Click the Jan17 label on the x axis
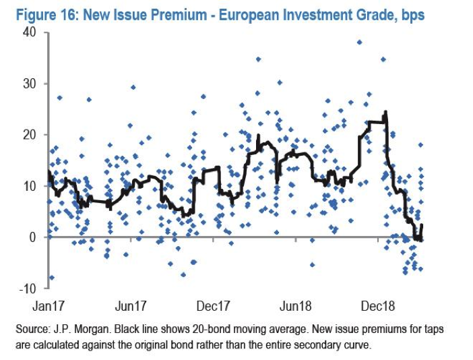coord(50,305)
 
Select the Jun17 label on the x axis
coord(131,305)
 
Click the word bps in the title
coord(411,14)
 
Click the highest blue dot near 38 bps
coord(359,42)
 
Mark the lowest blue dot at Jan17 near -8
coord(51,278)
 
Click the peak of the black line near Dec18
coord(385,112)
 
